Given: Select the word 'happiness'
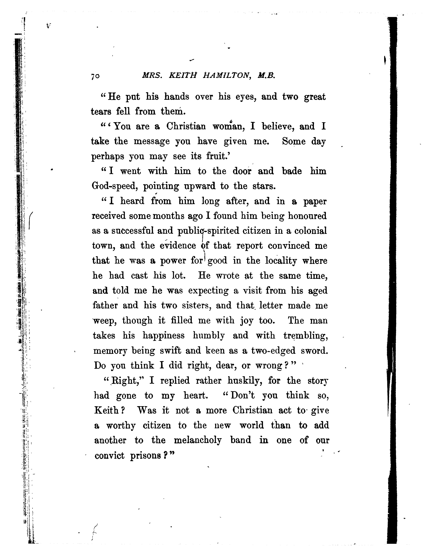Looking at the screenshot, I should (x=164, y=336).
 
